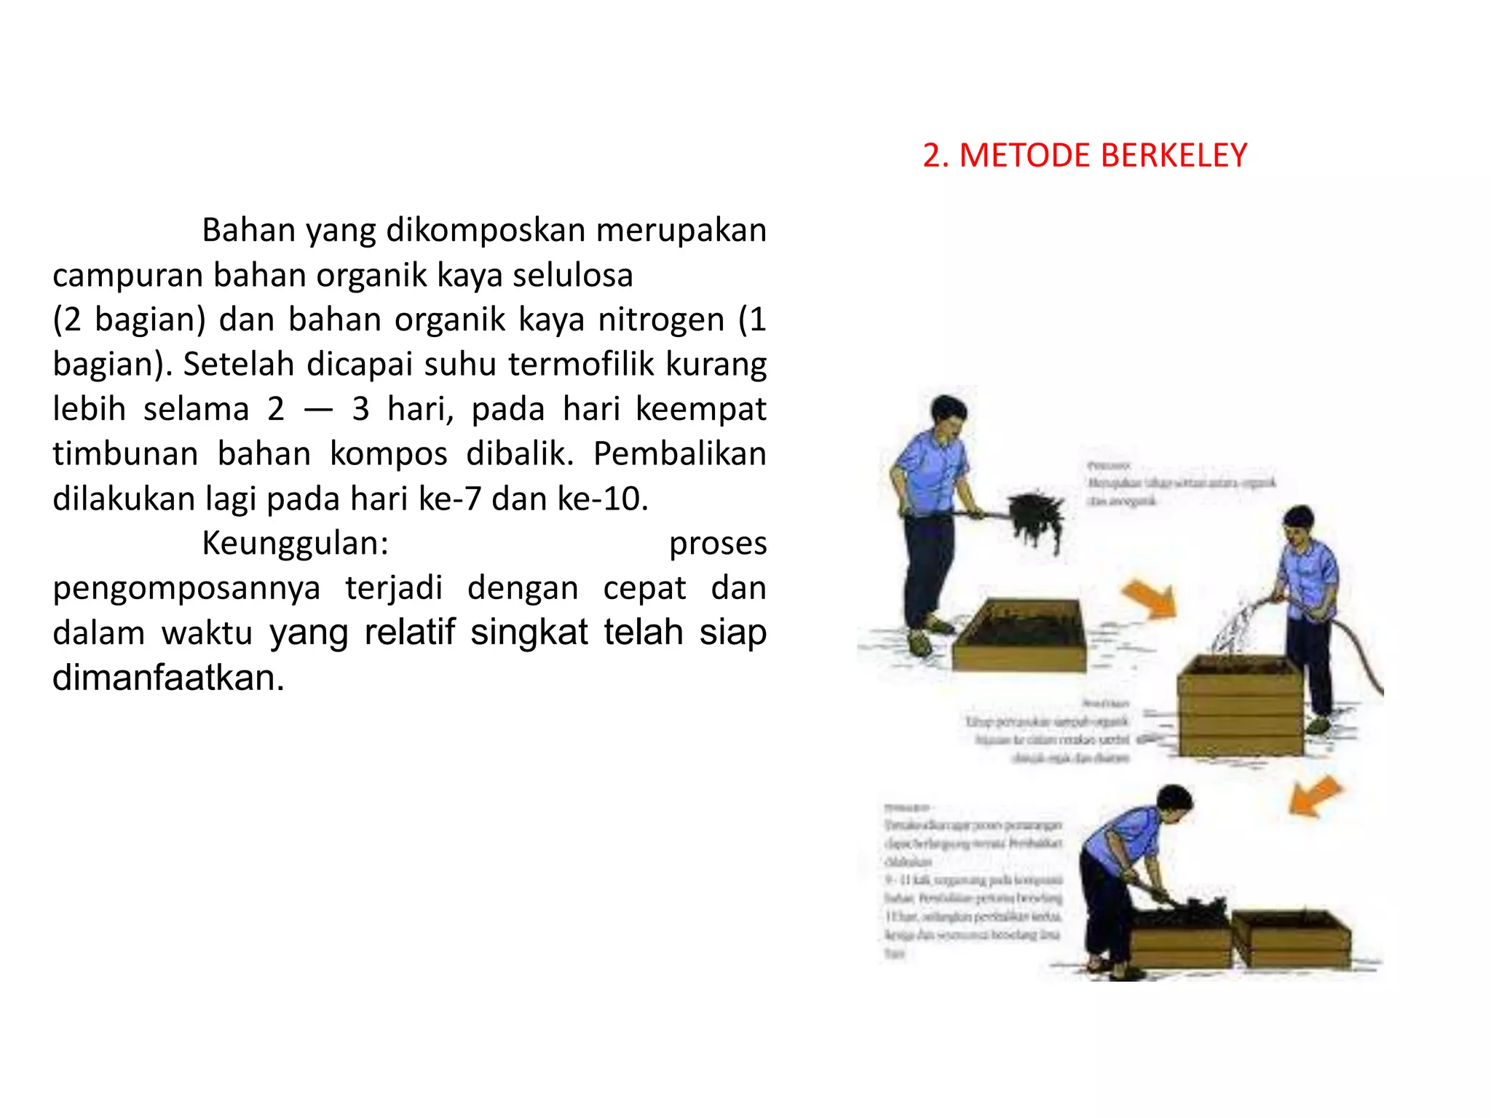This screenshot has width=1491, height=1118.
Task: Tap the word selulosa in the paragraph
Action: click(573, 275)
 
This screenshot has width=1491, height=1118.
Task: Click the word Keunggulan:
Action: click(296, 543)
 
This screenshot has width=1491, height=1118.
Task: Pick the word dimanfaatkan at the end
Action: click(167, 678)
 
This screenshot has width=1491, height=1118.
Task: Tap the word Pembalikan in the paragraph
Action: click(679, 453)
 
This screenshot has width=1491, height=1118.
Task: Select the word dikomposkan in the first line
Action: click(486, 230)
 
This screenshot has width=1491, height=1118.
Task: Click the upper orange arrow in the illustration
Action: click(1149, 598)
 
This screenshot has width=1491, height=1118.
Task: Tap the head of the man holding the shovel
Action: click(949, 415)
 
